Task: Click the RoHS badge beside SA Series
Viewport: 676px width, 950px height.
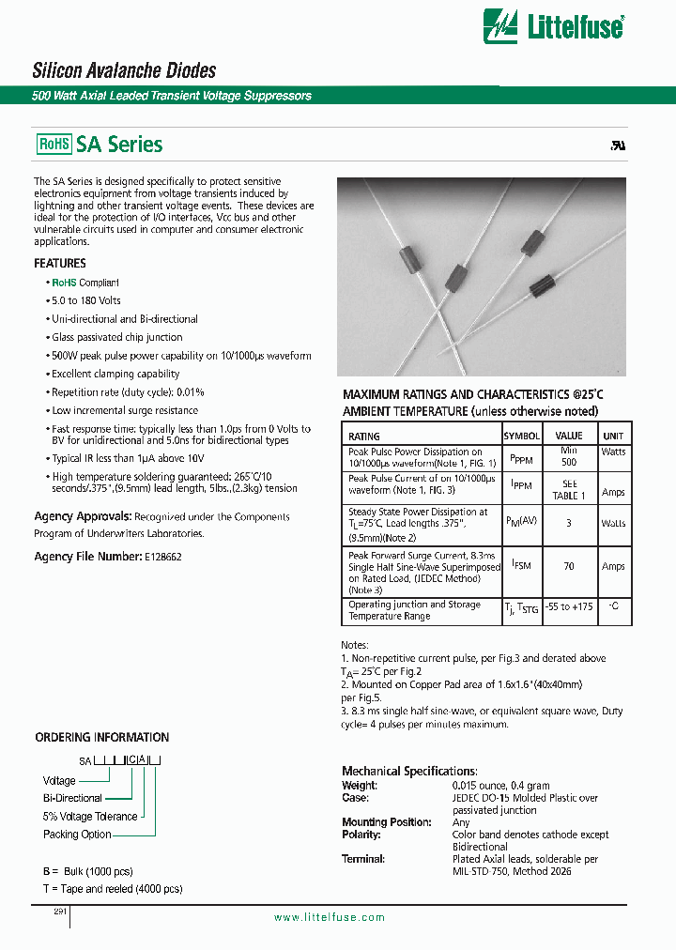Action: [x=54, y=145]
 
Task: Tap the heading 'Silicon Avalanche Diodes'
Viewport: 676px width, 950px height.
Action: [x=124, y=70]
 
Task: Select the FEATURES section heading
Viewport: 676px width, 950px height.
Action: [x=60, y=264]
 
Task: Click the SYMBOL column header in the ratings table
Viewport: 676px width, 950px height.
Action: [x=521, y=436]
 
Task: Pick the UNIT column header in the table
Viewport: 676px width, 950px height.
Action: [x=612, y=436]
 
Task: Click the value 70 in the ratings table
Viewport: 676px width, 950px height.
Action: [x=568, y=567]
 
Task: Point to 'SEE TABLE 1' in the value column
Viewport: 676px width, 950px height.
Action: [x=568, y=490]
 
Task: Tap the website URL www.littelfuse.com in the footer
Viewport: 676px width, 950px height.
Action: [x=329, y=917]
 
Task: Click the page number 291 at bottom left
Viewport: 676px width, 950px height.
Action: [x=48, y=911]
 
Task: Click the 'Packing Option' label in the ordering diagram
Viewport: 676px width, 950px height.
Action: [x=77, y=835]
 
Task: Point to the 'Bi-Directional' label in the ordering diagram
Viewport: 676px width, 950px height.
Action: [x=72, y=798]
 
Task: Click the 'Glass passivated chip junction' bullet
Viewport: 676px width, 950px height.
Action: [x=117, y=337]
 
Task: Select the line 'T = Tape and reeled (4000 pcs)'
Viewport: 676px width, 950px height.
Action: [x=113, y=888]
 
